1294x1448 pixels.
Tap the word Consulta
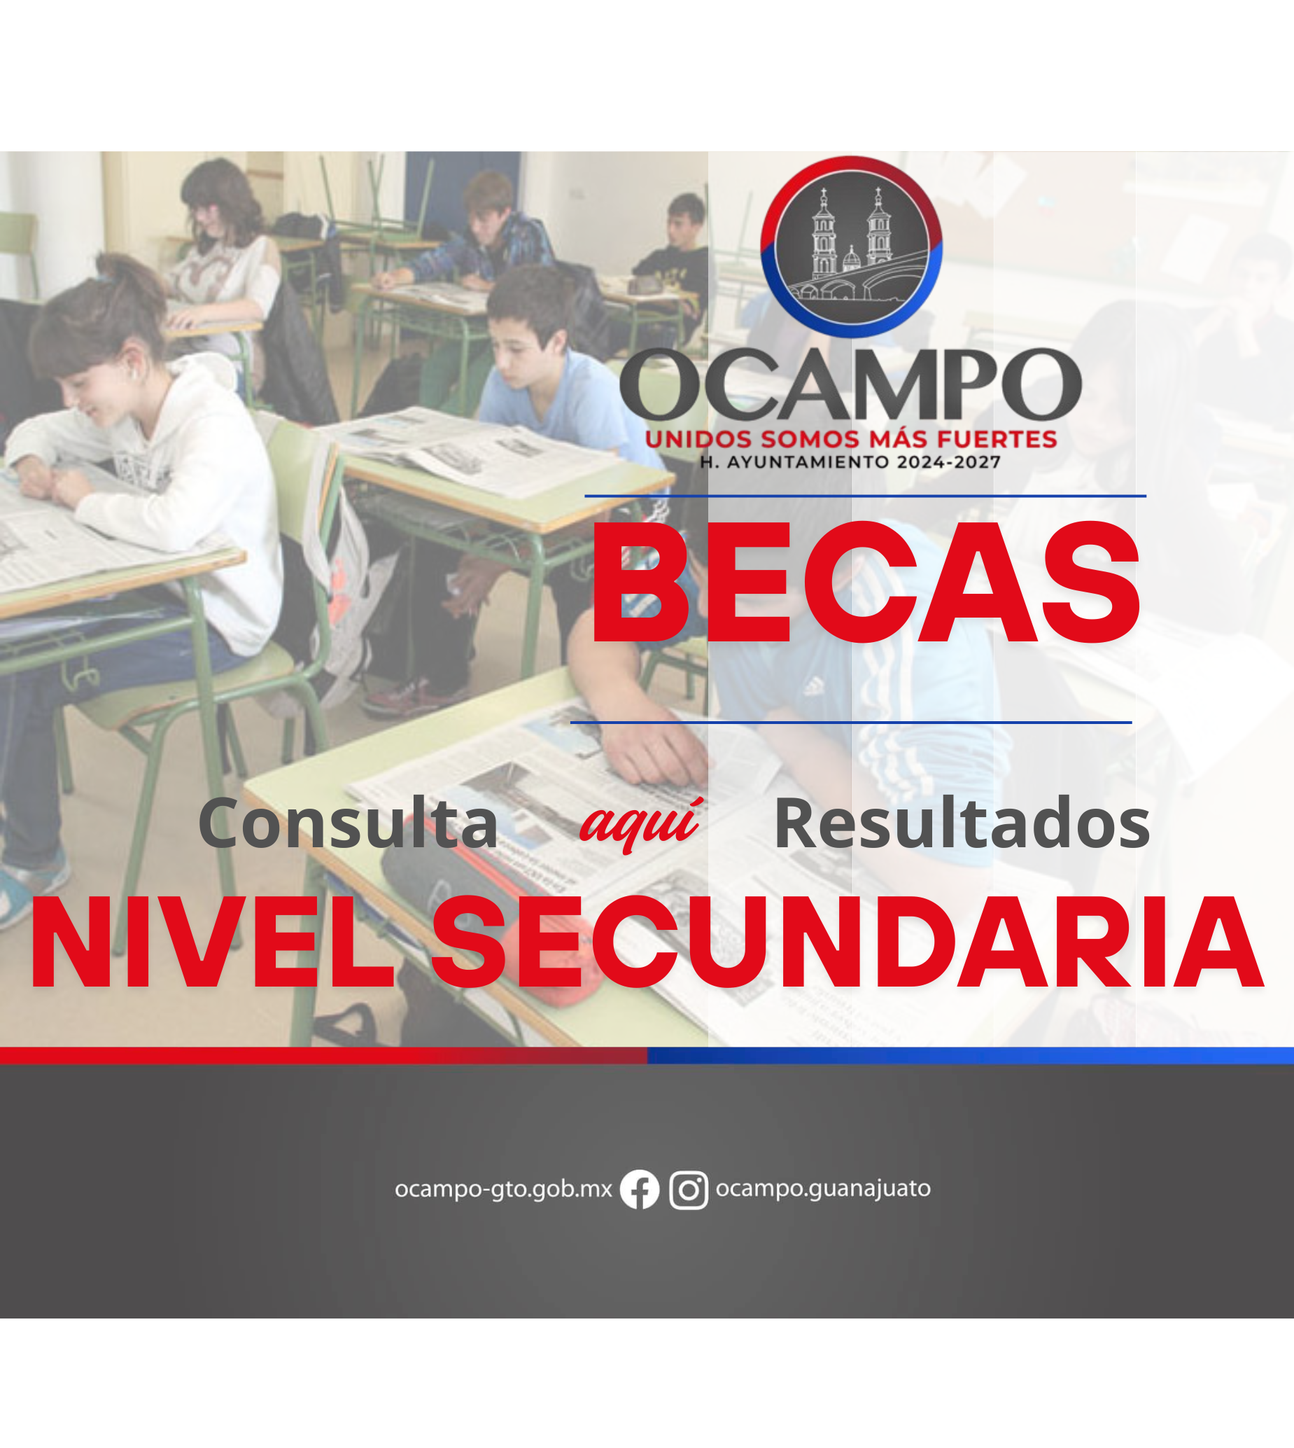tap(349, 823)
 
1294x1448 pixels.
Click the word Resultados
tap(962, 823)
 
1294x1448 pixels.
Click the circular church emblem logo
tap(851, 246)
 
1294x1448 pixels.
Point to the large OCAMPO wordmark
tap(850, 385)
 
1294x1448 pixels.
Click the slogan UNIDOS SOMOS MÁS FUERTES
tap(851, 439)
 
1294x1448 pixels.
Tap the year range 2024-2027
tap(948, 462)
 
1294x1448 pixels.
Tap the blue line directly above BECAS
tap(865, 496)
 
